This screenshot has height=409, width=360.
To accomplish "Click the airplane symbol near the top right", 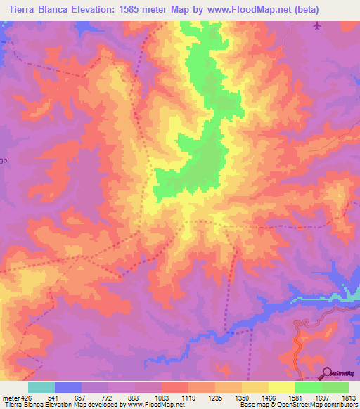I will click(x=317, y=26).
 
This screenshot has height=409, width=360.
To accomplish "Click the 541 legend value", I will click(x=68, y=398).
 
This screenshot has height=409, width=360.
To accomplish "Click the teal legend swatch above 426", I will click(x=41, y=387).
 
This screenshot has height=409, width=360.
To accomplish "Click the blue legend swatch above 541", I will click(x=68, y=387).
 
